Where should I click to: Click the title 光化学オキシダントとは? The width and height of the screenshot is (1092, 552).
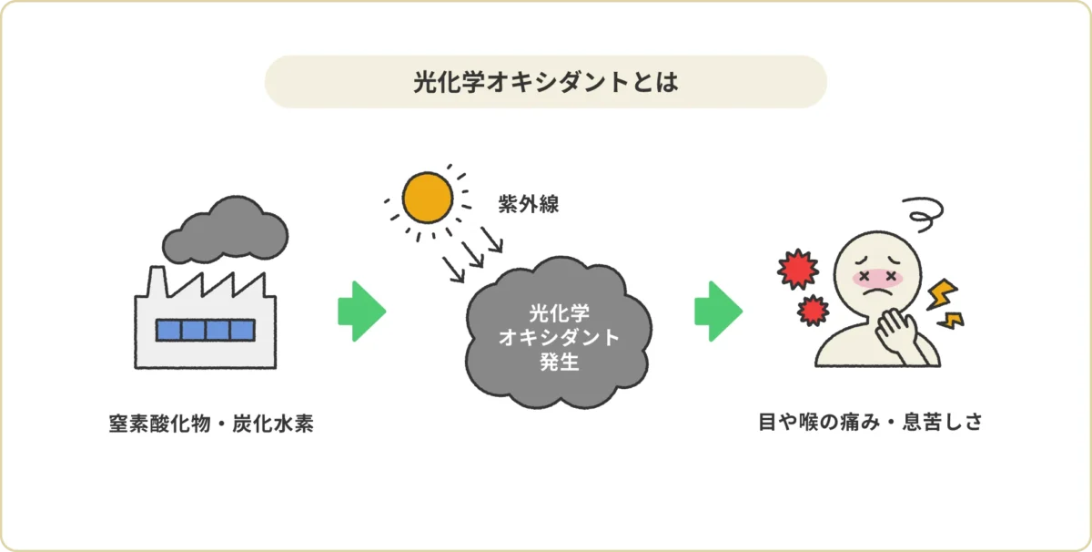click(545, 82)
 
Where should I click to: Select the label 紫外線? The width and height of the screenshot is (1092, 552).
click(528, 203)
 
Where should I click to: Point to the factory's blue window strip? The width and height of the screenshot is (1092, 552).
click(205, 330)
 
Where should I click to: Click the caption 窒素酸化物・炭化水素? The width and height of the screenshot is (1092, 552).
click(210, 424)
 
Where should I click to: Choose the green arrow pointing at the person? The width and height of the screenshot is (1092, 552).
click(718, 311)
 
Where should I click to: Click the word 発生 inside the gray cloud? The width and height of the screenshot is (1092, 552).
click(559, 361)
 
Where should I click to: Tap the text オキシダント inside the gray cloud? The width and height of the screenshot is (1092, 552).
click(559, 338)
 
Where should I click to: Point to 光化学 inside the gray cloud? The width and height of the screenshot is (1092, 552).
click(559, 316)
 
